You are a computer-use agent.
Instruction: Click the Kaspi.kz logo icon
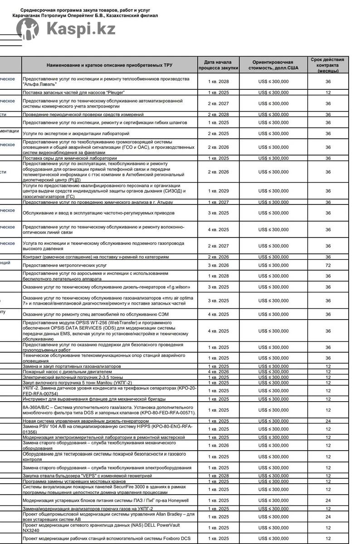(27, 29)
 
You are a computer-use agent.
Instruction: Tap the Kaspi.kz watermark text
(81, 29)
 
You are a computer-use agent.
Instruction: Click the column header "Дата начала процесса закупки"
(218, 65)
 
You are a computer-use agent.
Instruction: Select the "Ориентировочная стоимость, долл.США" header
(273, 65)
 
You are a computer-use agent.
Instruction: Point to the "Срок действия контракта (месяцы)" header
(327, 65)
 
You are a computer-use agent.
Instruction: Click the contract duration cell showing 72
(328, 265)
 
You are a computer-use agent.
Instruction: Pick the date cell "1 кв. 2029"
(218, 191)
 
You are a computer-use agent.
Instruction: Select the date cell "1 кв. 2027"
(218, 202)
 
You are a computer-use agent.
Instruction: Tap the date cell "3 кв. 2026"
(218, 265)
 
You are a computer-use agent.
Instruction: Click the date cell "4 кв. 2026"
(218, 372)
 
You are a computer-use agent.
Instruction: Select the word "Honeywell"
(175, 500)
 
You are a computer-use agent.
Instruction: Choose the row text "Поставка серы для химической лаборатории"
(67, 158)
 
